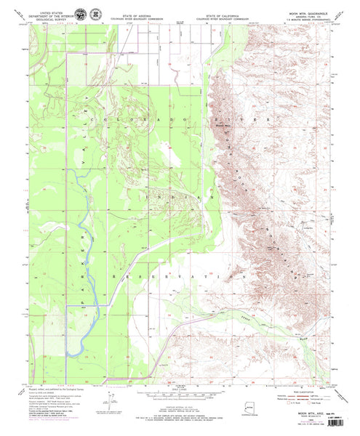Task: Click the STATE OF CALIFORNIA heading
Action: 223,6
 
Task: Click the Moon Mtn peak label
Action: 223,124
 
